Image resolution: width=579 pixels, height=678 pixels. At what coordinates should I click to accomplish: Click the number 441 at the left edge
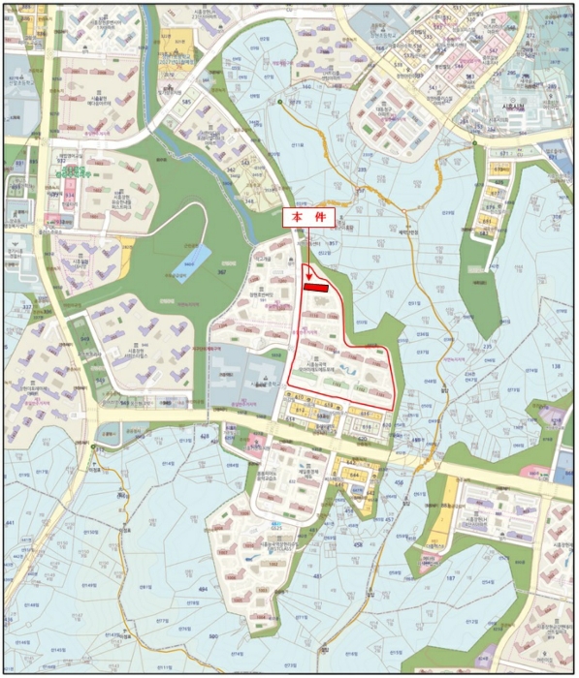coord(13,524)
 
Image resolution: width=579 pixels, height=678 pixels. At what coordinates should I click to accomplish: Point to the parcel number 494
coord(204,588)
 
